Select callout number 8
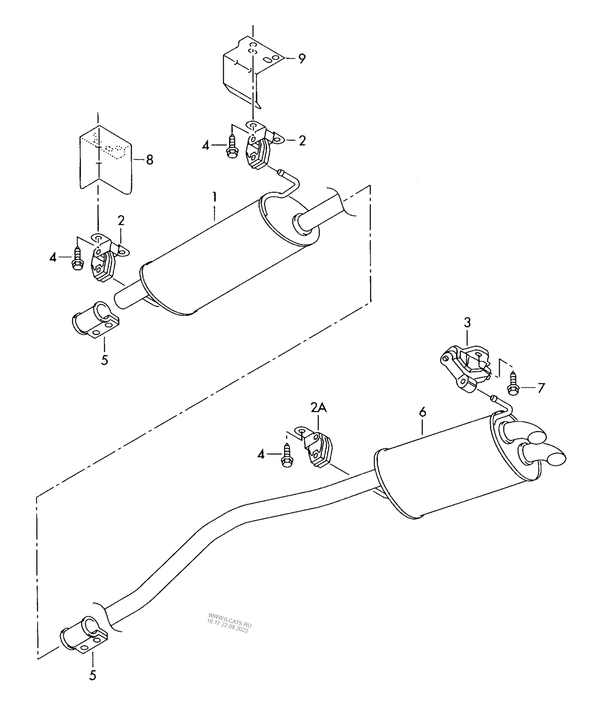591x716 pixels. pyautogui.click(x=149, y=160)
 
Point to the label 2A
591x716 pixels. pyautogui.click(x=319, y=408)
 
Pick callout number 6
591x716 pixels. pyautogui.click(x=422, y=412)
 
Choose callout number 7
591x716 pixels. pyautogui.click(x=541, y=387)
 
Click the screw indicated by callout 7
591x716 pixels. pyautogui.click(x=513, y=383)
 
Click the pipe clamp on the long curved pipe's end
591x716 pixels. pyautogui.click(x=84, y=635)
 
